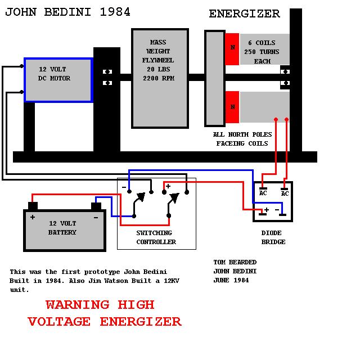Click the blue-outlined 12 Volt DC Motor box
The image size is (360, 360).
point(58,79)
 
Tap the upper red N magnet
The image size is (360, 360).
point(232,49)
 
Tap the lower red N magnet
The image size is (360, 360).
point(232,107)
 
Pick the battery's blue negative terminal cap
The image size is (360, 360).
point(96,206)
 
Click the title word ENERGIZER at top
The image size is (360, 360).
point(244,14)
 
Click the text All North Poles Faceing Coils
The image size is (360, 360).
point(242,139)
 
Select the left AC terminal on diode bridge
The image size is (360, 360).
point(263,191)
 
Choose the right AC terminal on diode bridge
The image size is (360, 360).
point(285,191)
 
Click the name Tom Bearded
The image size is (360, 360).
point(235,262)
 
